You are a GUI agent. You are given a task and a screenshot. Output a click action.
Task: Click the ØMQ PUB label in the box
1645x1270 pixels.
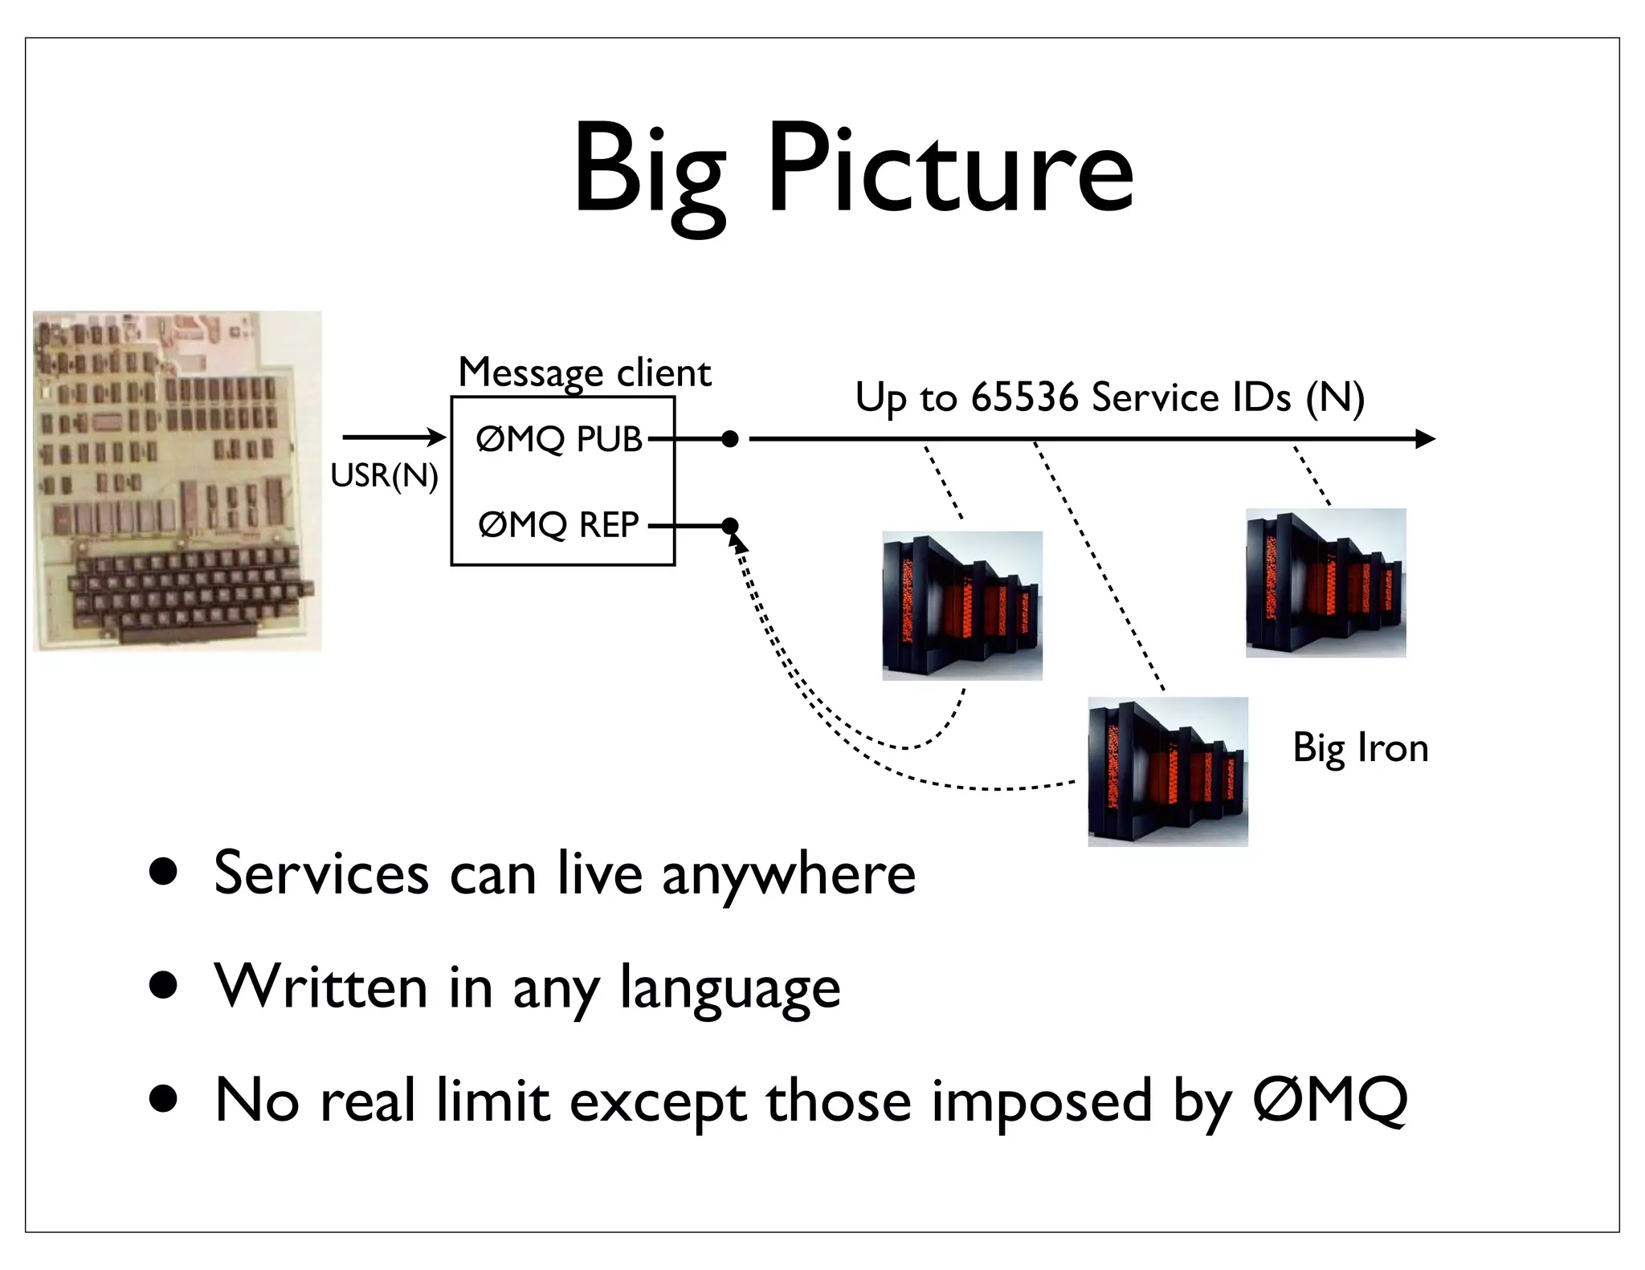click(x=559, y=439)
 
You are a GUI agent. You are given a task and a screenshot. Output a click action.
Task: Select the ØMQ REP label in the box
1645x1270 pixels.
click(x=558, y=525)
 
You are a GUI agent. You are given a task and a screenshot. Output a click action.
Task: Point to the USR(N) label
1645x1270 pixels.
click(x=384, y=475)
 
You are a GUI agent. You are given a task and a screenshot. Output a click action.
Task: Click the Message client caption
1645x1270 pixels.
click(x=584, y=372)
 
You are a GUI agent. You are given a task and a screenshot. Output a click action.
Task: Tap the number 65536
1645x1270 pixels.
click(x=1024, y=397)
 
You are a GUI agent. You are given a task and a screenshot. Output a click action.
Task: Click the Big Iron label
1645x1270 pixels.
click(x=1360, y=747)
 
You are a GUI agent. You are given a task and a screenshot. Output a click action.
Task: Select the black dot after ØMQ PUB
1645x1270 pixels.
click(x=729, y=439)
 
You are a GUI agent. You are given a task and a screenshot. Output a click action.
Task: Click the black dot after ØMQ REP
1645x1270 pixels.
click(x=729, y=526)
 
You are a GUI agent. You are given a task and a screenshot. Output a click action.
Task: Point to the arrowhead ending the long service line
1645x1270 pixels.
click(x=1425, y=439)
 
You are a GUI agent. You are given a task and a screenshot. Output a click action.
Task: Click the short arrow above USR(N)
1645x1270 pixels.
click(x=393, y=438)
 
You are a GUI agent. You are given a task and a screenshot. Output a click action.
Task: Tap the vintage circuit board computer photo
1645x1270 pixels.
click(x=177, y=480)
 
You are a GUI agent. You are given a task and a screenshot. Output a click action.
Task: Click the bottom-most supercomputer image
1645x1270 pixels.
click(x=1168, y=771)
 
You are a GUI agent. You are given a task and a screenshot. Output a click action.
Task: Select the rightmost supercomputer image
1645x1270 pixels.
click(x=1325, y=583)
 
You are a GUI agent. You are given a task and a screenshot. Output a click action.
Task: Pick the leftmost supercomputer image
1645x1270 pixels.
click(x=962, y=605)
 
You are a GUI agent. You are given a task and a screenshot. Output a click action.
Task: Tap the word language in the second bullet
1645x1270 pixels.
click(x=729, y=988)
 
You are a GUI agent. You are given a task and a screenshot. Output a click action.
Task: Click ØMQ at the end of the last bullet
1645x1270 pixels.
click(x=1329, y=1101)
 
